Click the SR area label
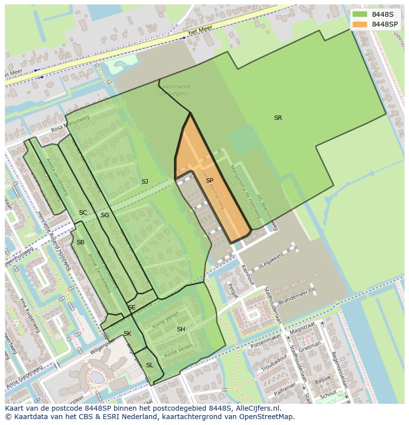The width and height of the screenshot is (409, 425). point(278,118)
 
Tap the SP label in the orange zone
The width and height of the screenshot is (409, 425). point(209,181)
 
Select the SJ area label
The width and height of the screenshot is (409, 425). point(145,182)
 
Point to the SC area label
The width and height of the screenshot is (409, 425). point(83,213)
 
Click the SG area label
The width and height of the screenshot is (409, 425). point(105,215)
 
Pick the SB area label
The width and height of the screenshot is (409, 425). point(81,242)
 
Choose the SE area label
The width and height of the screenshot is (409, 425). point(132,308)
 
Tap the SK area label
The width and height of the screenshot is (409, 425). point(127,334)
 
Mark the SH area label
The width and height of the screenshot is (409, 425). point(181,329)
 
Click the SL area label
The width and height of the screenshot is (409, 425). point(150,365)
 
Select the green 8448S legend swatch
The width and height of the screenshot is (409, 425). point(360,14)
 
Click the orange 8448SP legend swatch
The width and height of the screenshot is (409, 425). point(360,24)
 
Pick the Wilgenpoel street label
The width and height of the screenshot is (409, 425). point(89,351)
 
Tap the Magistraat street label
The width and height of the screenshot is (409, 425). point(303,328)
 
